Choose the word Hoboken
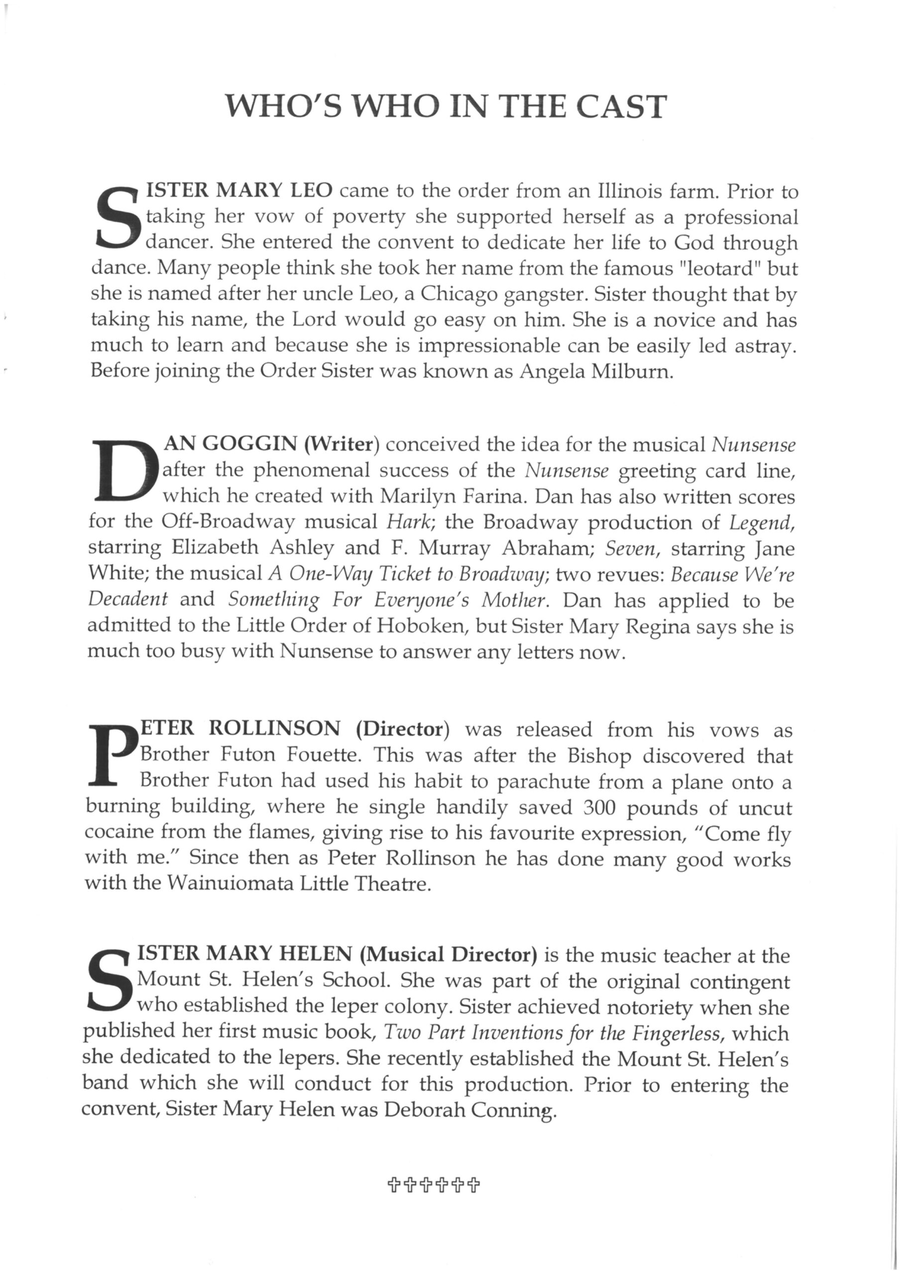pyautogui.click(x=421, y=626)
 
